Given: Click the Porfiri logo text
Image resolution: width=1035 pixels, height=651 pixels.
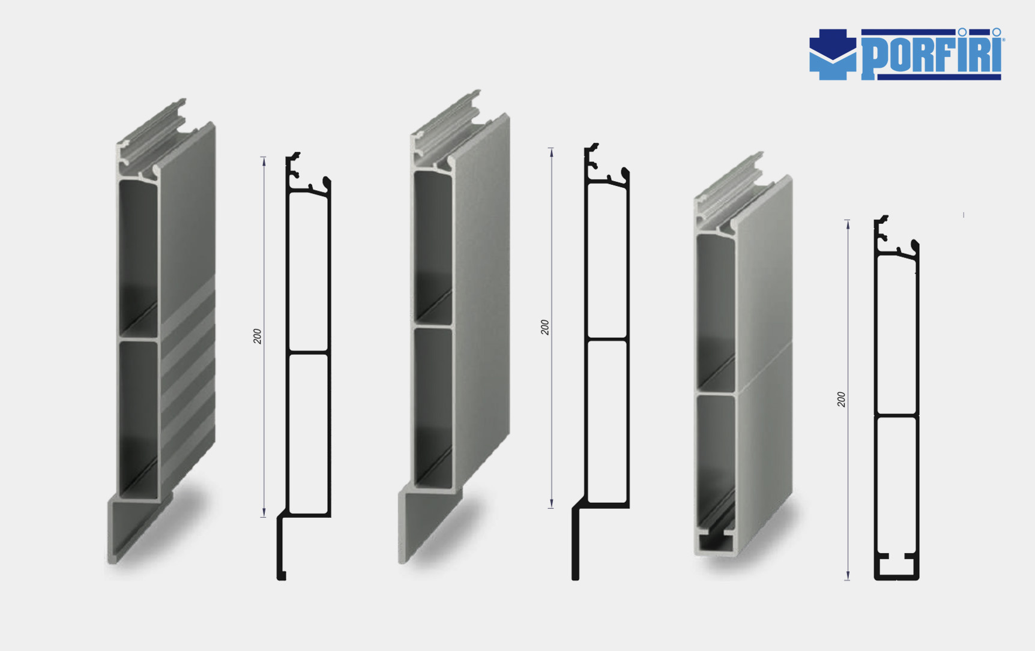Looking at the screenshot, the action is (932, 54).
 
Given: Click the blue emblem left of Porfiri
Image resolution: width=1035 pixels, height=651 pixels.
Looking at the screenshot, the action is (833, 55).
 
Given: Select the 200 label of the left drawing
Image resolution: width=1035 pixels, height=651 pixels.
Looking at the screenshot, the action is (258, 336).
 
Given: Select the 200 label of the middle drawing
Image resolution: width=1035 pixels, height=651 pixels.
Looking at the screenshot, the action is (545, 327).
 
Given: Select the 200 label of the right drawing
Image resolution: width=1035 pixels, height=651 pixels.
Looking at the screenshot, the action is (841, 399).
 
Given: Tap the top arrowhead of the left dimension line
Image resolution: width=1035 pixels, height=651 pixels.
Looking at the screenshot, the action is (264, 161).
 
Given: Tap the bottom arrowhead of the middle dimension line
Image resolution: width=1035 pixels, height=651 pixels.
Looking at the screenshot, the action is (551, 504).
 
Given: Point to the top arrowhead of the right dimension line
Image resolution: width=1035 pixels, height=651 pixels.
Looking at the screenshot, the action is (848, 224).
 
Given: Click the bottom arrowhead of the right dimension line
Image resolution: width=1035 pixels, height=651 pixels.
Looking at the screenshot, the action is (848, 576).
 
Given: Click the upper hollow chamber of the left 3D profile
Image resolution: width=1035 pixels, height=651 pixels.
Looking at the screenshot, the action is (138, 258).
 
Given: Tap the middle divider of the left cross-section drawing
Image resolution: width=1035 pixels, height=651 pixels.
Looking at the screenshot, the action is (309, 352).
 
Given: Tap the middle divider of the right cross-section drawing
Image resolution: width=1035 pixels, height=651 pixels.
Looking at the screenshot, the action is (896, 415).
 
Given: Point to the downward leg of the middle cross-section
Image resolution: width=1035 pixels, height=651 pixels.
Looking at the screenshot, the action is (576, 543).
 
